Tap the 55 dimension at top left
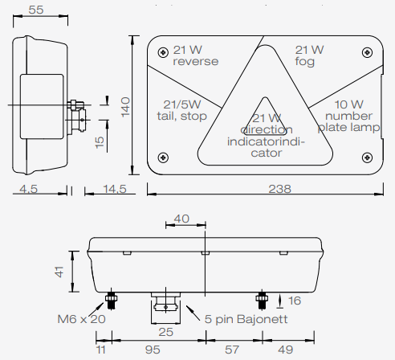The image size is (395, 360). [35, 10]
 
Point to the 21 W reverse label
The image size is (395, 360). [189, 55]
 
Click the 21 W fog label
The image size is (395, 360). [309, 55]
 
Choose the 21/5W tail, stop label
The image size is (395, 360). [184, 110]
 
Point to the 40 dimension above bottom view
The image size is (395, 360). [182, 219]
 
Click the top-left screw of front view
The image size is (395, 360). [164, 52]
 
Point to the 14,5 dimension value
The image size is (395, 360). [115, 189]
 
